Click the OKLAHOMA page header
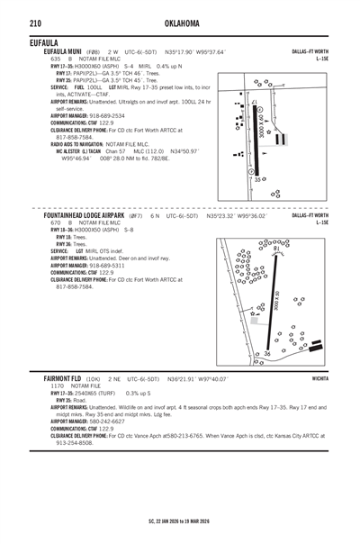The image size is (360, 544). [x=179, y=22]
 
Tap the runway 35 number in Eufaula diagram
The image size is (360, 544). [x=257, y=180]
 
